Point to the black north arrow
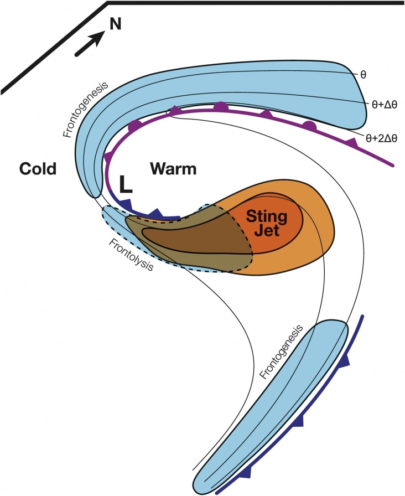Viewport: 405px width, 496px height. pos(90,43)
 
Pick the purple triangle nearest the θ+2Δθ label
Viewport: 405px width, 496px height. pos(350,142)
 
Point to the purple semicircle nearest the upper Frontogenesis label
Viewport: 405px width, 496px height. pos(134,126)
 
